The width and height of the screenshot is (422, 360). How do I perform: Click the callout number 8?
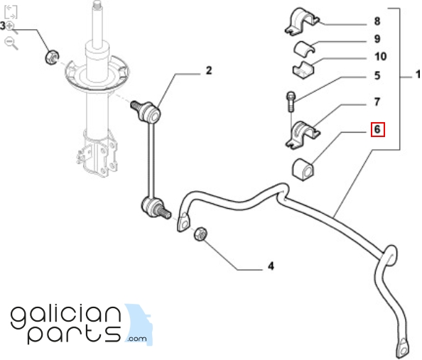point(377,21)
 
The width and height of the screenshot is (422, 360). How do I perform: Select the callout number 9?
point(377,39)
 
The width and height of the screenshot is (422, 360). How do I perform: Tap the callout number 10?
point(380,57)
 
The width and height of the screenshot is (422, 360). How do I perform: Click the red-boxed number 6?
point(377,129)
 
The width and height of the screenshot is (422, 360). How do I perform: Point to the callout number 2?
point(209,70)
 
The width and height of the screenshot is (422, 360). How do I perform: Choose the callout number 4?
point(271,266)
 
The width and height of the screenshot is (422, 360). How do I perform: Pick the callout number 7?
point(377,102)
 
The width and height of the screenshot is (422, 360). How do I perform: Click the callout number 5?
point(377,75)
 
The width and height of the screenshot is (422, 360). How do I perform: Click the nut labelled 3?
point(52,58)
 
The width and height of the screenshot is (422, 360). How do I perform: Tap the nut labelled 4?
point(200,234)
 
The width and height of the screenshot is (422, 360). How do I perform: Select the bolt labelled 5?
point(291,102)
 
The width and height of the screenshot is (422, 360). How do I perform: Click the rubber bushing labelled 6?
point(303,170)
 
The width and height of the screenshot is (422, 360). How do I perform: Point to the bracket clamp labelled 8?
point(301,21)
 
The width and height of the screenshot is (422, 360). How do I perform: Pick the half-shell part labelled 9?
point(304,49)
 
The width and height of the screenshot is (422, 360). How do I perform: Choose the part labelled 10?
point(303,70)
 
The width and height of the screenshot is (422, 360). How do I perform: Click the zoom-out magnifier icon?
point(11,43)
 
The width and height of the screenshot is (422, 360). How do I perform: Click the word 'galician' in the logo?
point(65,317)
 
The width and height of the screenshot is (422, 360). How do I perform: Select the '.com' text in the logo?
point(137,338)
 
